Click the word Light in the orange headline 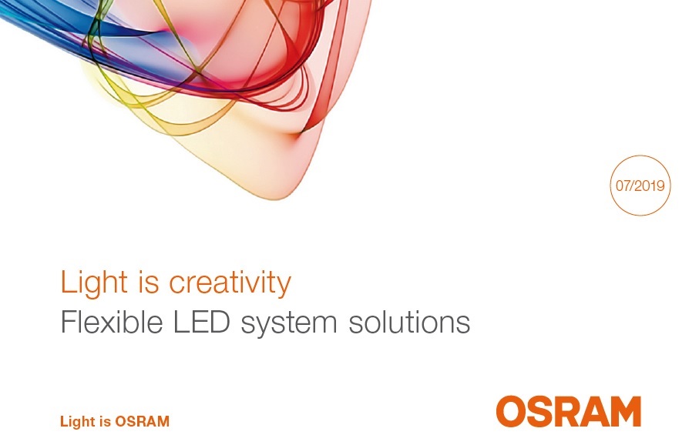tap(94, 282)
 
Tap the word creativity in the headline tap(230, 283)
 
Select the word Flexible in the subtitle tap(112, 321)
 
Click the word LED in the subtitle tap(201, 322)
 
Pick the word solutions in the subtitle tap(409, 322)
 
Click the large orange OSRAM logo tap(569, 411)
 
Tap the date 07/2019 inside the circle tap(640, 186)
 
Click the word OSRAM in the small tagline tap(143, 421)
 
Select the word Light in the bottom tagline tap(79, 422)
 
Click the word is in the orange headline tap(149, 282)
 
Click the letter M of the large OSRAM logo tap(625, 411)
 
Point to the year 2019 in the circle tap(650, 186)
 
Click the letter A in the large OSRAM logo tap(594, 411)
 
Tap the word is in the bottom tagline tap(106, 421)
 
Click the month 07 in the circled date tap(623, 186)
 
